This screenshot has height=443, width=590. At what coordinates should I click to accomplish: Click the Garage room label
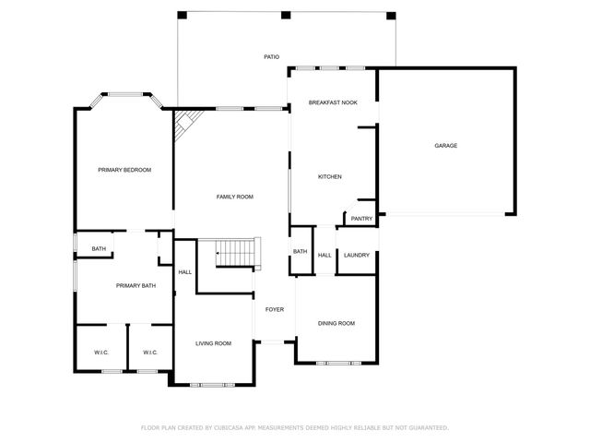(x=446, y=146)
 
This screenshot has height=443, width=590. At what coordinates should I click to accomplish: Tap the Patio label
(x=271, y=57)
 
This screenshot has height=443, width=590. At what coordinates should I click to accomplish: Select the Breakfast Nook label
(x=333, y=103)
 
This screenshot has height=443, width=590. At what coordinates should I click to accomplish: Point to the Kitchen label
(x=330, y=176)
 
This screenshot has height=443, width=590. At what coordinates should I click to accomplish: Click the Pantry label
(x=361, y=219)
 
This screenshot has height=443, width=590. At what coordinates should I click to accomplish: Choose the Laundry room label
(x=357, y=255)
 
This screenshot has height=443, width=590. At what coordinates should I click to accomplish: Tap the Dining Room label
(x=336, y=323)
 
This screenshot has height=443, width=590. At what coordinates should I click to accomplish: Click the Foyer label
(x=275, y=310)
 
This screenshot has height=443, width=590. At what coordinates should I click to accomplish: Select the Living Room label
(x=213, y=343)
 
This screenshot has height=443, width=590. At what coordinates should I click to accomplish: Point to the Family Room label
(x=234, y=197)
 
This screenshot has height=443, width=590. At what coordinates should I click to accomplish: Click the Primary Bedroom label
(x=124, y=170)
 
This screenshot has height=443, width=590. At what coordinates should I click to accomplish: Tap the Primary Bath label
(x=136, y=286)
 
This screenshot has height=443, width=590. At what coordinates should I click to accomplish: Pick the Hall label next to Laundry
(x=324, y=256)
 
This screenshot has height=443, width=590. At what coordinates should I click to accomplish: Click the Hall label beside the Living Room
(x=185, y=271)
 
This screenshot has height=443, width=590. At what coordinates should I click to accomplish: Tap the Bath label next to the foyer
(x=300, y=252)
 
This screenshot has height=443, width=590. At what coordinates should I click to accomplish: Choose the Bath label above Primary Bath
(x=99, y=249)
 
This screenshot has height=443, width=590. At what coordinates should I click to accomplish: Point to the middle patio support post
(x=286, y=15)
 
